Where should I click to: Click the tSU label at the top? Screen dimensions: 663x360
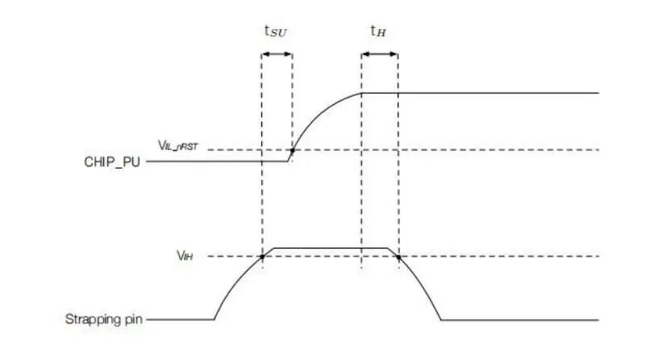click(275, 31)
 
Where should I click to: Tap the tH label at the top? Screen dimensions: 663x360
click(378, 31)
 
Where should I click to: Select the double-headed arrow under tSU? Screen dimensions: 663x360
click(277, 54)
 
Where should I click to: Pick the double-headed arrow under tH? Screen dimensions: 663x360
click(380, 54)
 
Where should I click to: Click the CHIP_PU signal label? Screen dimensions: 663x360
click(112, 162)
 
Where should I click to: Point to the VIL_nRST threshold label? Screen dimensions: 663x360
click(177, 146)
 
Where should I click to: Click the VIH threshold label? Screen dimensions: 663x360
click(185, 256)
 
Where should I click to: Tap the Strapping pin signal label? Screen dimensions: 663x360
click(103, 319)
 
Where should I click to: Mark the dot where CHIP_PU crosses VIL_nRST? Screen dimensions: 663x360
click(292, 150)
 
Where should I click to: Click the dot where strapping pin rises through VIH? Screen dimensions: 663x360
click(262, 257)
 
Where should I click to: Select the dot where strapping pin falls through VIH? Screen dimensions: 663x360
click(398, 257)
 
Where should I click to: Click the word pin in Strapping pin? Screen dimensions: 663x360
click(133, 320)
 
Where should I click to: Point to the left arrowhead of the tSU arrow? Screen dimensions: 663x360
click(265, 54)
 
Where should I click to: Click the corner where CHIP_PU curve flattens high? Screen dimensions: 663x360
click(361, 93)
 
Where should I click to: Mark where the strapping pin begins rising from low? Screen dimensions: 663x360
click(214, 320)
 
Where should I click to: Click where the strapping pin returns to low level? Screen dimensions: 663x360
click(441, 320)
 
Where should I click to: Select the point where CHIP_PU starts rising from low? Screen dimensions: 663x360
click(287, 161)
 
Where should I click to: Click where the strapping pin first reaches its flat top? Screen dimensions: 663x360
click(274, 248)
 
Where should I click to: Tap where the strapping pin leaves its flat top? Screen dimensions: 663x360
click(387, 248)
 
